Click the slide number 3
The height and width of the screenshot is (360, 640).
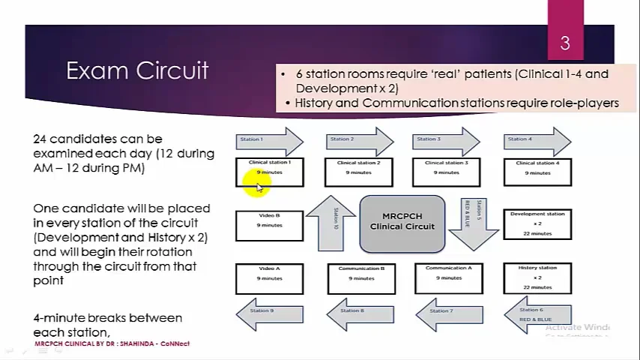(x=565, y=43)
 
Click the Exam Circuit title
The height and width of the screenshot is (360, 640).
(x=137, y=70)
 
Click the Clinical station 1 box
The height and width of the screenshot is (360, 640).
(x=270, y=172)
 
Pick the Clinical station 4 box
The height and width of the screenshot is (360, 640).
(x=537, y=172)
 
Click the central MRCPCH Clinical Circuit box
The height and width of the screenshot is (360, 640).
(x=402, y=223)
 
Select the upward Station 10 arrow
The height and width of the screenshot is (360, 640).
(x=330, y=223)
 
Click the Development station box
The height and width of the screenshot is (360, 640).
(x=537, y=224)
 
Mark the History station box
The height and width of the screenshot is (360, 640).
(x=537, y=277)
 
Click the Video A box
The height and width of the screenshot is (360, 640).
(x=270, y=277)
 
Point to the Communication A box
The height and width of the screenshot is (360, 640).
(x=449, y=277)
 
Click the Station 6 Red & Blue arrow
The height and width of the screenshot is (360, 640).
(x=537, y=313)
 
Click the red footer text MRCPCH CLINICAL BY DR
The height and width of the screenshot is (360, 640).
(x=112, y=343)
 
